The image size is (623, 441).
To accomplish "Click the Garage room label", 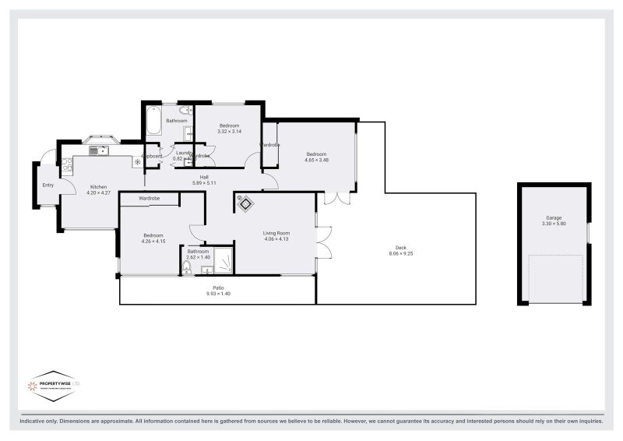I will tap(554, 217).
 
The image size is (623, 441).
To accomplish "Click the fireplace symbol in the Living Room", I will tap(245, 204).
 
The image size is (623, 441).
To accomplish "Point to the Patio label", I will tap(219, 288).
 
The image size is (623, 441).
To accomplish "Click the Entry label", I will tap(48, 185).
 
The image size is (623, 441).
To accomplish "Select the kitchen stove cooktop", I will tap(68, 164).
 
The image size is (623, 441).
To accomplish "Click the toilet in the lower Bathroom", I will tap(186, 267).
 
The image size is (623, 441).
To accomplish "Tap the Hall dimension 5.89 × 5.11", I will tap(204, 183).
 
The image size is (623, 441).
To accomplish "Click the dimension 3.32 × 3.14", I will tap(229, 132).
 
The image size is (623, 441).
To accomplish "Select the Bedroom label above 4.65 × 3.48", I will tap(315, 153).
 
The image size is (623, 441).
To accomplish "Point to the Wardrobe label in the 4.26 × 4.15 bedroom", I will tap(150, 199).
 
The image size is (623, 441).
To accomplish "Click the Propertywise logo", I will tap(53, 386).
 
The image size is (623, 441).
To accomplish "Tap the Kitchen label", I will tap(98, 186).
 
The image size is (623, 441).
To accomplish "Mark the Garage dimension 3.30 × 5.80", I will tap(554, 224).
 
